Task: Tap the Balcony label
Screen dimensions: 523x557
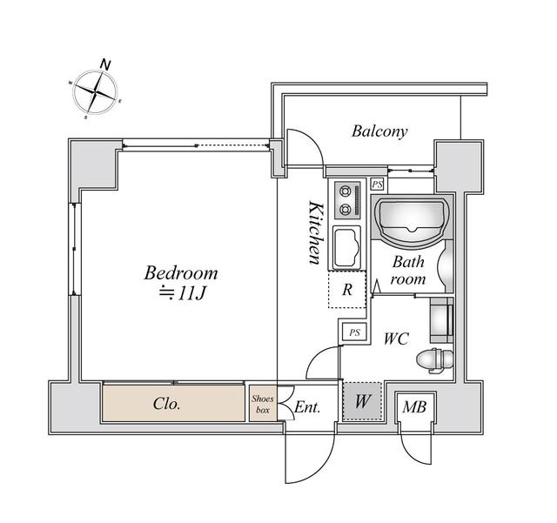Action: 379,131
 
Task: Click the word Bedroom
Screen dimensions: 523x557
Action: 181,273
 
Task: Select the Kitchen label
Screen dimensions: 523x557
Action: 316,232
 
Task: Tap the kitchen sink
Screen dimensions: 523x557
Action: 347,247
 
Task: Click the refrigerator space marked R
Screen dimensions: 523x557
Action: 346,290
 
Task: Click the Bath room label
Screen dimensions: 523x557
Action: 407,270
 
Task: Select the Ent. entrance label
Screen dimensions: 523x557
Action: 307,406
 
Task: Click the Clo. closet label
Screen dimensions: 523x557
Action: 167,404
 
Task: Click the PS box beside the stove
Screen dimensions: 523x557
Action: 377,184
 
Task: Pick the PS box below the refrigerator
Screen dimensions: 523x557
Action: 353,332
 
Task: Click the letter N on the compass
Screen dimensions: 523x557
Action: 105,64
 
